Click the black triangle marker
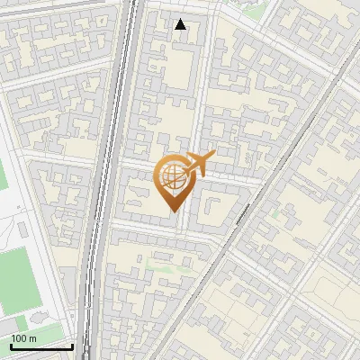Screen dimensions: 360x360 pos(181,24)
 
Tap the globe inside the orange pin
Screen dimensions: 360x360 pos(172,176)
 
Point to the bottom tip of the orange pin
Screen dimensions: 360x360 pos(172,211)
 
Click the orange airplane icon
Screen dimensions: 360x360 pos(198,164)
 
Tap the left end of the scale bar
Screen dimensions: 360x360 pos(10,346)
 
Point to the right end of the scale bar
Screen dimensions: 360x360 pos(72,346)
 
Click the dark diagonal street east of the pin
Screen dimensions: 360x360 pos(261,193)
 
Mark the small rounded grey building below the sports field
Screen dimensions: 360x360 pos(39,318)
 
